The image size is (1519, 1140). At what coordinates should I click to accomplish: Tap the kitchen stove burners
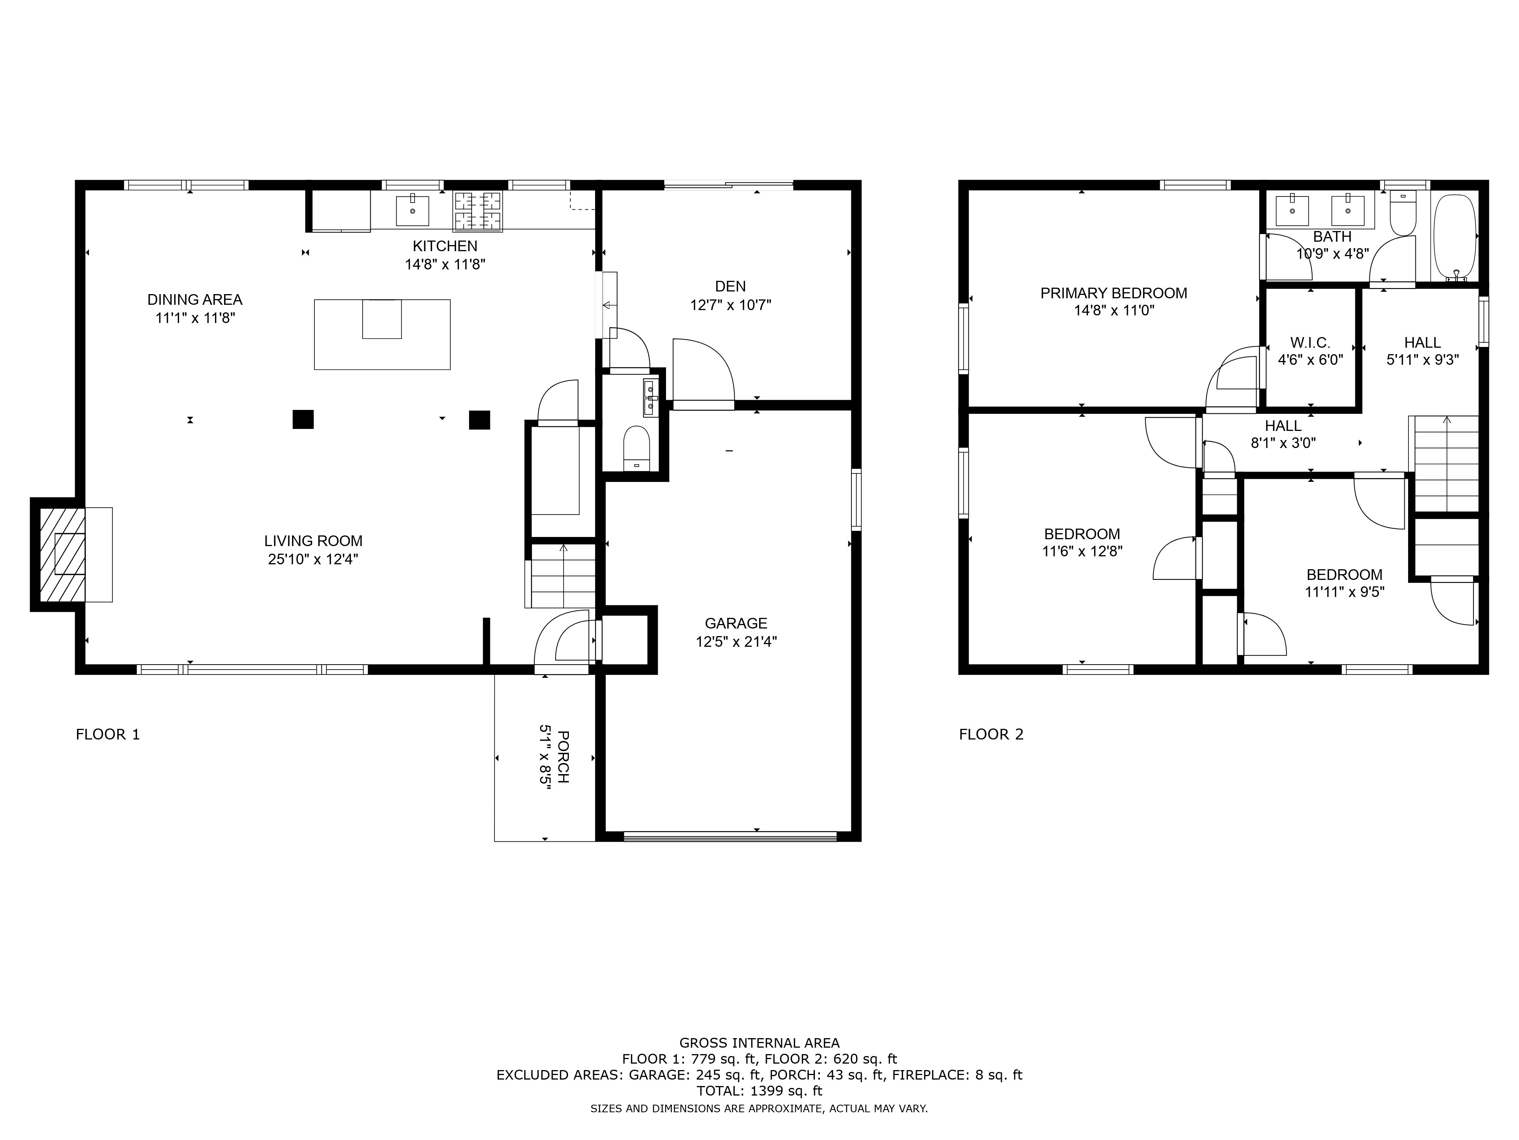coord(478,210)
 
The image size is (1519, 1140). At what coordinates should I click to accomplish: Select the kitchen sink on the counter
coord(413,210)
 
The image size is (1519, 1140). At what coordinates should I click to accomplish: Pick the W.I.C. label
coord(1309,342)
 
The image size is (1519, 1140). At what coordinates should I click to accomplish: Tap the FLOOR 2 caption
coord(991,734)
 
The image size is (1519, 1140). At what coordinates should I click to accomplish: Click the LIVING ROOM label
coord(313,541)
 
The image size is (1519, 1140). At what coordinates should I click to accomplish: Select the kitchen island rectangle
coord(382,335)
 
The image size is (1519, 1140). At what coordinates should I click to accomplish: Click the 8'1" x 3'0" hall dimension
coord(1283,443)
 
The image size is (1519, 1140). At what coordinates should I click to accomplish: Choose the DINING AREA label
coord(195,299)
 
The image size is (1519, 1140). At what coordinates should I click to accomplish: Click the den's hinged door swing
coord(702,371)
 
